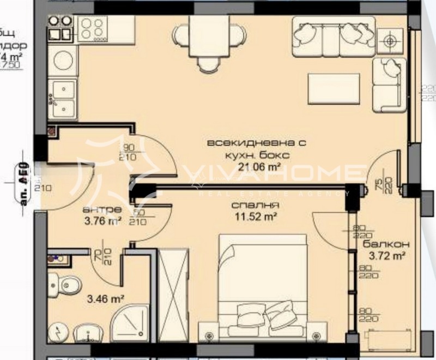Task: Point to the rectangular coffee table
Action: (x=333, y=88)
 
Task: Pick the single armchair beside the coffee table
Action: (x=389, y=82)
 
